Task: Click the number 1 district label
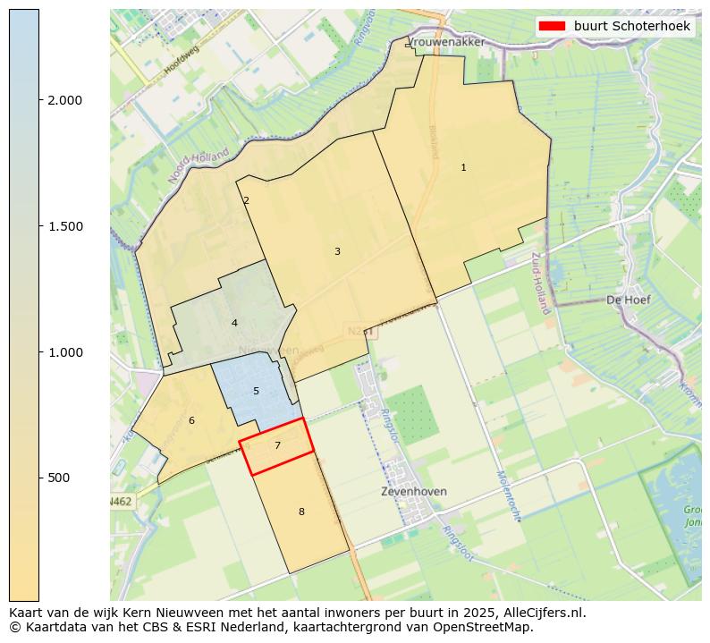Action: coord(463,168)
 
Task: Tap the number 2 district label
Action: coord(246,201)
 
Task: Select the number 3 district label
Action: coord(337,252)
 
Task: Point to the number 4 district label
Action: coord(234,323)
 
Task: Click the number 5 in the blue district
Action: coord(256,392)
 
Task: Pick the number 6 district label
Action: coord(191,420)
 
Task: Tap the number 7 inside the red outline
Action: coord(277,445)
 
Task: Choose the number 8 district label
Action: coord(301,512)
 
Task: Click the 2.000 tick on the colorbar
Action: coord(65,100)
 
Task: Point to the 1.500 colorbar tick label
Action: coord(65,226)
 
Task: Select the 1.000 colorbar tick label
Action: coord(65,352)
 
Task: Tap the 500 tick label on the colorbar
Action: coord(59,478)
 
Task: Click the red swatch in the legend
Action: coord(553,27)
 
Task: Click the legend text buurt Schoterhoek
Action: coord(631,27)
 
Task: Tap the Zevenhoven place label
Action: coord(413,492)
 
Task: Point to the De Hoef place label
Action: coord(628,300)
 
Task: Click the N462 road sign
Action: coord(121,502)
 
